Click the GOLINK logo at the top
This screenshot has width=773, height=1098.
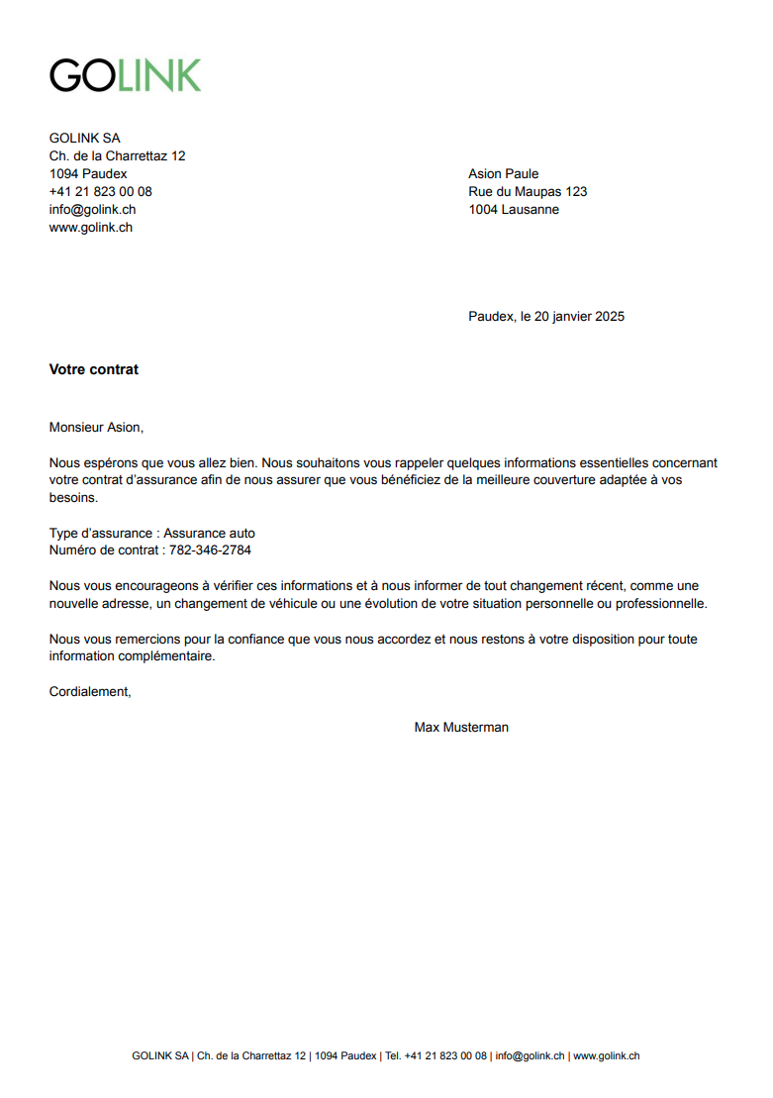click(x=125, y=75)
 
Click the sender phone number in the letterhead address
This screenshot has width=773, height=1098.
click(x=100, y=192)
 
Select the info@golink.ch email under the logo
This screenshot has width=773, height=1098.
click(x=92, y=210)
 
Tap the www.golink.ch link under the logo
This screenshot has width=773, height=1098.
click(x=91, y=228)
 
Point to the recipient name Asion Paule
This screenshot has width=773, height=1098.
click(x=503, y=174)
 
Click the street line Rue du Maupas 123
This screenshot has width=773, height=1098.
click(x=528, y=192)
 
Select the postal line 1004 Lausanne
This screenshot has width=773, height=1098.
click(x=513, y=210)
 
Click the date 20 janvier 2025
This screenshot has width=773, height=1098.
click(x=579, y=317)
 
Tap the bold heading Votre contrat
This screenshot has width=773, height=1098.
click(x=94, y=369)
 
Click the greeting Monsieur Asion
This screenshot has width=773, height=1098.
click(x=96, y=428)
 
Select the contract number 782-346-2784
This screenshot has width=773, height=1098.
click(x=210, y=550)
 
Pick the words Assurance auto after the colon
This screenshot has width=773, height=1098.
click(x=209, y=533)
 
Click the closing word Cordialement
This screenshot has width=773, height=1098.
click(x=90, y=692)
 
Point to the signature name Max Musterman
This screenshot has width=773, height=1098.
click(x=461, y=728)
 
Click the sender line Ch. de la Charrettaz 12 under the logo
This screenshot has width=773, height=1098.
click(x=117, y=156)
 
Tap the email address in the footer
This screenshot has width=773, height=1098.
click(x=530, y=1056)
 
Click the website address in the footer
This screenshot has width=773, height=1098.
click(x=606, y=1056)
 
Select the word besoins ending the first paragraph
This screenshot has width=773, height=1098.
click(x=73, y=498)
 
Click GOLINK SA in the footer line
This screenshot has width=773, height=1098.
click(x=159, y=1056)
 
